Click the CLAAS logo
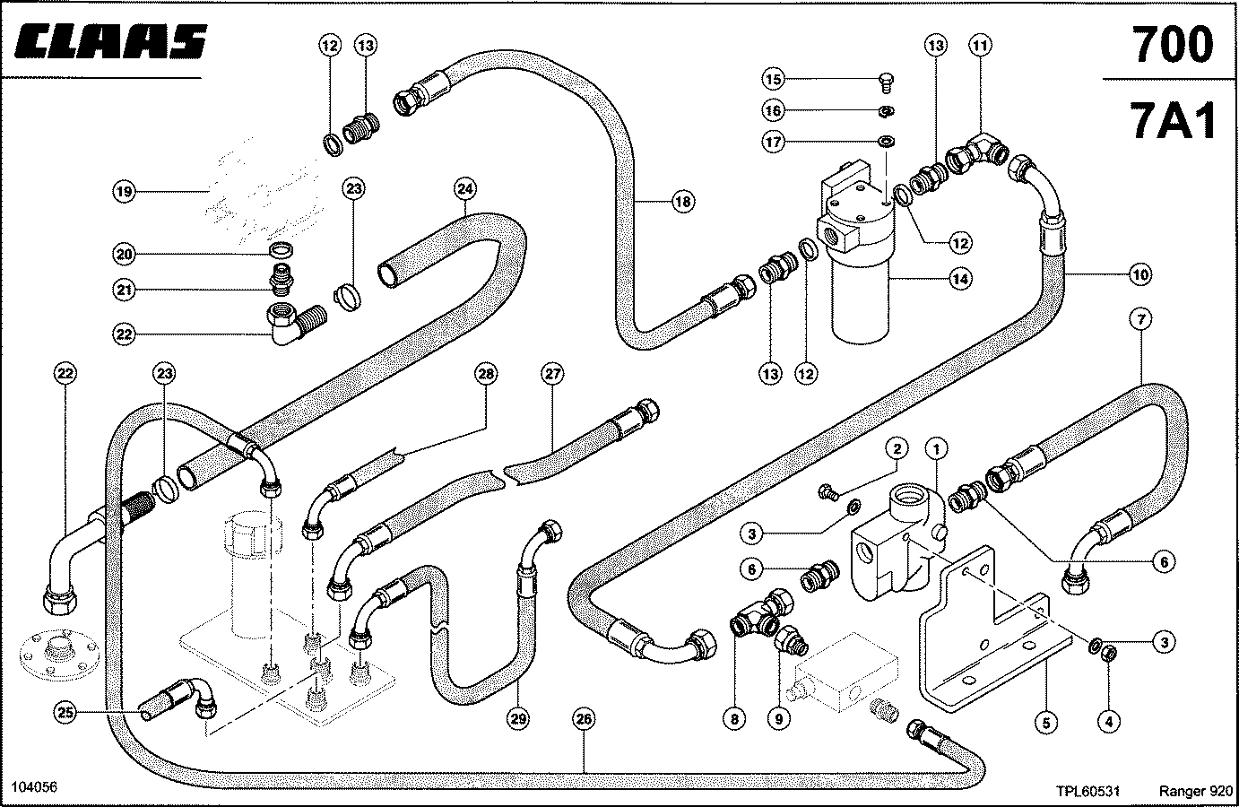pos(110,41)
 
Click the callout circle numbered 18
pos(683,202)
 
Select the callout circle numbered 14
pos(960,280)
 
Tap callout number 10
pos(1140,274)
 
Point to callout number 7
pos(1141,319)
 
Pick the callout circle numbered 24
pos(465,189)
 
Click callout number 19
pos(124,192)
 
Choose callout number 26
pos(585,719)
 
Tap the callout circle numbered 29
pos(518,719)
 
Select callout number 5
pos(1046,723)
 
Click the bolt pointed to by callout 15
pos(886,83)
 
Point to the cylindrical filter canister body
pos(862,299)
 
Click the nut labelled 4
pos(1109,654)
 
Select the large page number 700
pos(1172,44)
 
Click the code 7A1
pos(1172,120)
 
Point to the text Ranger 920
pos(1196,791)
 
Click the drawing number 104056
pos(34,786)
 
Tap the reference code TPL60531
pos(1087,791)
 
